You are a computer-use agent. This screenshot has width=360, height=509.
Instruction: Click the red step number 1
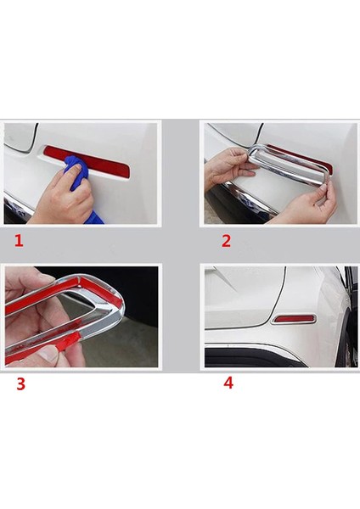tap(19, 241)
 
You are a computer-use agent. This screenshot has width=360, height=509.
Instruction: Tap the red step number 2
tap(226, 241)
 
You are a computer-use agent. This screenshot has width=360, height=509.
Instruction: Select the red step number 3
tap(20, 384)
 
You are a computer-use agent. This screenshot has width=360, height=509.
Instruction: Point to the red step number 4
tap(228, 383)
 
